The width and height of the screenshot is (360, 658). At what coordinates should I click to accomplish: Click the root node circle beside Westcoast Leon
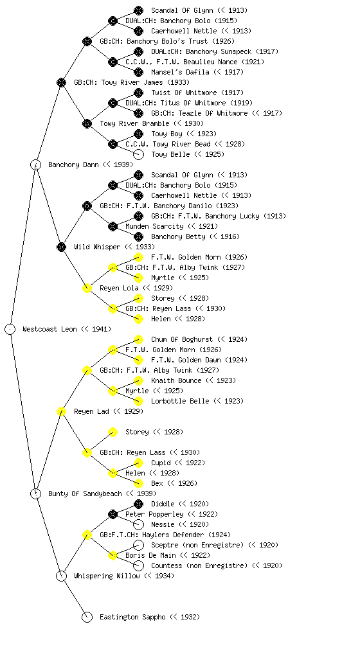10,329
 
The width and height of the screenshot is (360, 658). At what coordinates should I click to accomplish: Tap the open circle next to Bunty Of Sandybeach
35,493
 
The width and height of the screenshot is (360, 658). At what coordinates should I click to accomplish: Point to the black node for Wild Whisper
61,247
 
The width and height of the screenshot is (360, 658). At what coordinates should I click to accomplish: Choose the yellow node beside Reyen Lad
61,411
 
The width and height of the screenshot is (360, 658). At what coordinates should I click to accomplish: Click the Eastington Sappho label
132,617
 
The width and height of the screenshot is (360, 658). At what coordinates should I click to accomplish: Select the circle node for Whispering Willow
61,576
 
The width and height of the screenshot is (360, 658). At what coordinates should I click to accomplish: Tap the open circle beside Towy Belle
138,154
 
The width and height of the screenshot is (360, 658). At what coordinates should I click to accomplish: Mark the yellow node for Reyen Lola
87,288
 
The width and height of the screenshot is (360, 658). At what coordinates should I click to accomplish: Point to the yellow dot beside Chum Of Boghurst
138,339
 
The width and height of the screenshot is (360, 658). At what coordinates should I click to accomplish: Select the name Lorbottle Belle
180,401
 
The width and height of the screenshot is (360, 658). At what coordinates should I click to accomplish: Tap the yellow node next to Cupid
138,463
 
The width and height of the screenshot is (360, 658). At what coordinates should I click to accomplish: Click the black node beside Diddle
138,504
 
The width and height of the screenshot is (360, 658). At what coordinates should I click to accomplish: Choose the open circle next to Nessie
138,524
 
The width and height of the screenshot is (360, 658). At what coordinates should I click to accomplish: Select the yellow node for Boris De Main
113,555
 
